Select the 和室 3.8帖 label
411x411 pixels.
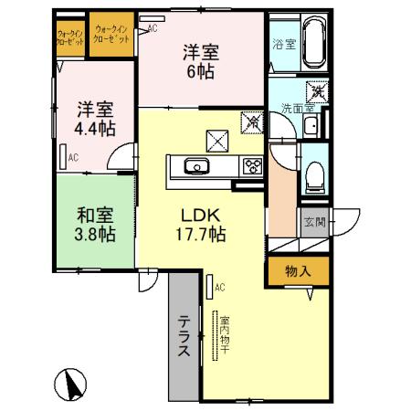(94, 226)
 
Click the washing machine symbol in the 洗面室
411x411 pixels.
(316, 91)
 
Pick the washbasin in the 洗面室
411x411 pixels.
(311, 125)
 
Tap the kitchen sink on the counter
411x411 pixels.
(195, 165)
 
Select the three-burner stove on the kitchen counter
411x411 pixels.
(250, 165)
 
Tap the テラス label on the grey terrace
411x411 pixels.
(183, 335)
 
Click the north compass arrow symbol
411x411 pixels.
(69, 380)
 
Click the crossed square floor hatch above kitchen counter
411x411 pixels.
(218, 140)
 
